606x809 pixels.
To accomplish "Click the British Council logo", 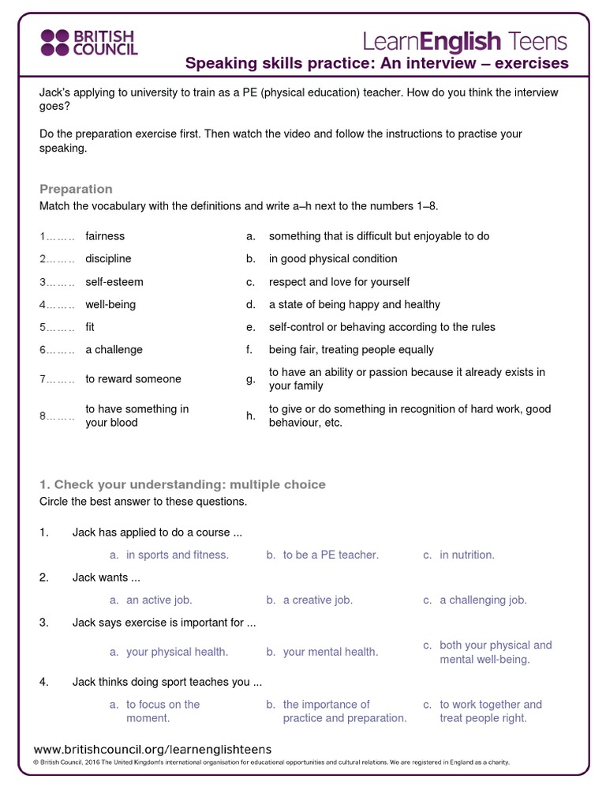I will (x=88, y=43).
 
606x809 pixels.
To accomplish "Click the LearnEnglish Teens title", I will (x=465, y=40).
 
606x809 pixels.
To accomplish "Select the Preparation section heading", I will (x=76, y=189).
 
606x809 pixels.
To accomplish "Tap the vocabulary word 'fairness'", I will (x=105, y=236).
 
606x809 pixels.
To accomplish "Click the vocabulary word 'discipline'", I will (x=108, y=258).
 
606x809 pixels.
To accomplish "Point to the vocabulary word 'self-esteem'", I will (x=114, y=282).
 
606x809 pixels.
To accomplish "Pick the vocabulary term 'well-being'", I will (x=110, y=304).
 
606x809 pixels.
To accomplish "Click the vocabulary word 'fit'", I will (x=90, y=327).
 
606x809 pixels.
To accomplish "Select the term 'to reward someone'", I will (x=133, y=379).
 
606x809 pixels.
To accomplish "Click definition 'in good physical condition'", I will (x=333, y=258).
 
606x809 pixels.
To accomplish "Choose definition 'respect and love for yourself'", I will (x=339, y=282).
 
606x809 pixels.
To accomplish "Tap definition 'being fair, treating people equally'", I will (x=351, y=349).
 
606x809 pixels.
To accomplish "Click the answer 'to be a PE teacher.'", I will (x=331, y=555).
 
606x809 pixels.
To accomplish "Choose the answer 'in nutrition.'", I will (x=467, y=555).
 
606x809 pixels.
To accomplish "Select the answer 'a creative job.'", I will (x=317, y=600).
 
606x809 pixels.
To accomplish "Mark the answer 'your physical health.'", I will (x=177, y=652).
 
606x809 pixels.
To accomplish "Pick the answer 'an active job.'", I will (x=159, y=600).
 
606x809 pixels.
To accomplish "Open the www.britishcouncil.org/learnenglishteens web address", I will (x=153, y=749).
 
